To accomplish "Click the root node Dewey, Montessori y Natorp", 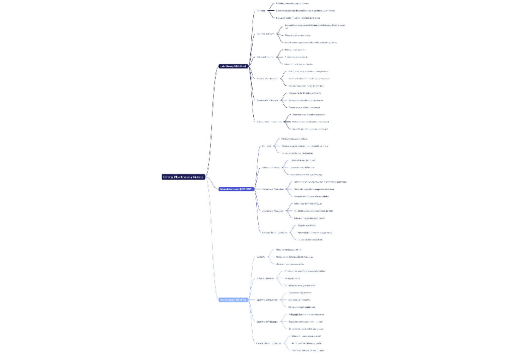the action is (183, 177).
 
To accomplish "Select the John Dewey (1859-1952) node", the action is (233, 66).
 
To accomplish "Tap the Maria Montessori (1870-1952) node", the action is (236, 189).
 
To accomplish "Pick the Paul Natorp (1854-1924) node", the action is (233, 299).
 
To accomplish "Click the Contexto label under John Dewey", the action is (260, 10).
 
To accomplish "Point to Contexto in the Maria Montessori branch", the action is (266, 146).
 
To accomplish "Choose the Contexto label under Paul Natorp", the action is (260, 257).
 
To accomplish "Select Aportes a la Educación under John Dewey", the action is (266, 79).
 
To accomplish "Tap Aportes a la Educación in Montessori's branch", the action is (273, 189).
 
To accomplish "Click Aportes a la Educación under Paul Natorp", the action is (267, 299).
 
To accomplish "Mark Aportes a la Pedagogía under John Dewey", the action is (268, 100).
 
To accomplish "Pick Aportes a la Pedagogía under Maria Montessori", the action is (273, 210).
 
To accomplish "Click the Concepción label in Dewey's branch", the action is (269, 121).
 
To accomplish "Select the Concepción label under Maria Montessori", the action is (275, 232).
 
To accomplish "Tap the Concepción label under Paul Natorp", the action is (269, 343).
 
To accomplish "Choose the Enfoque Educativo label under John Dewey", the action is (265, 34).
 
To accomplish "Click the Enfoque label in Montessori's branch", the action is (271, 168).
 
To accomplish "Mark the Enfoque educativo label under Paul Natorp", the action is (265, 278).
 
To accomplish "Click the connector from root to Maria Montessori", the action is (212, 184).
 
